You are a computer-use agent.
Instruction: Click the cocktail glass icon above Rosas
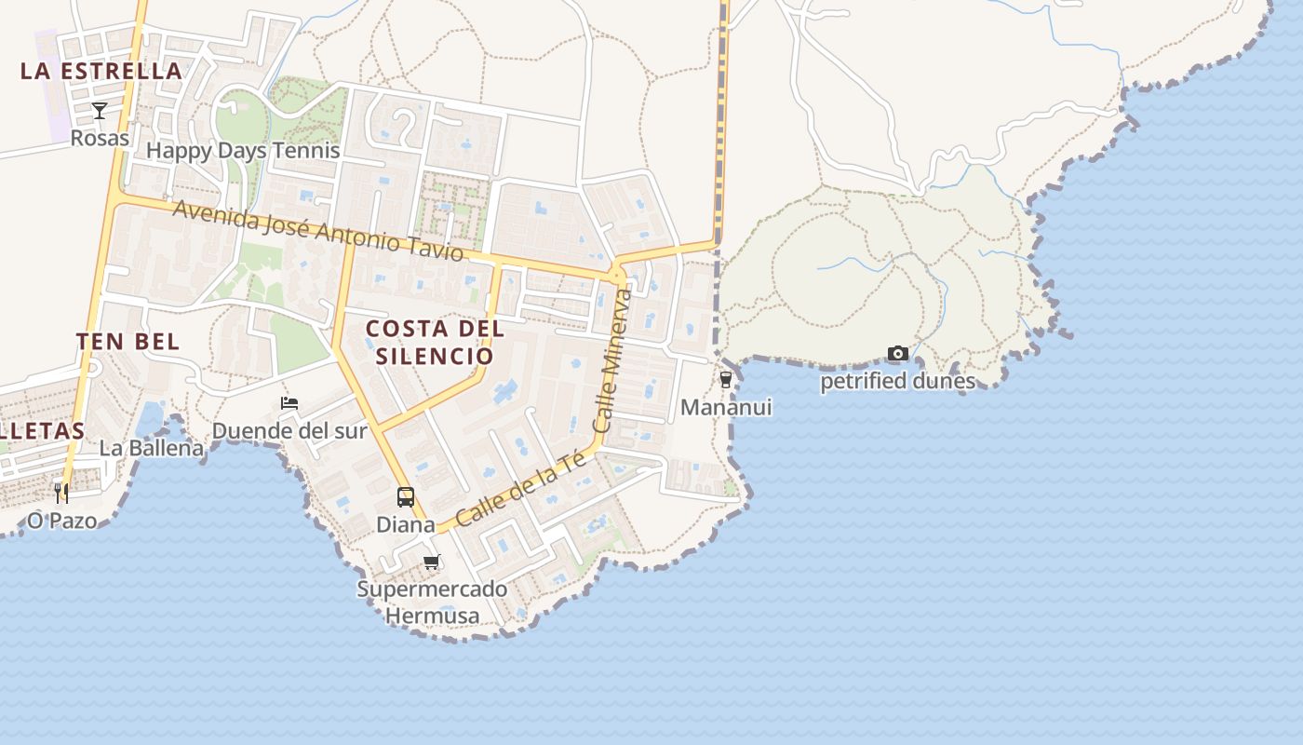[100, 111]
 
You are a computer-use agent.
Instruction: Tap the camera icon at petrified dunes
[898, 353]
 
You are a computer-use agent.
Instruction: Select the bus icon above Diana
[406, 496]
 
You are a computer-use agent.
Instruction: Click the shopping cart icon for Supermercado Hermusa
[431, 562]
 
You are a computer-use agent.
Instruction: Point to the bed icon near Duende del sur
[289, 403]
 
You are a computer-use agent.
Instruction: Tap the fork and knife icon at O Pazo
[61, 493]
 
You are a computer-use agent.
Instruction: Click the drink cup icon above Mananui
[726, 380]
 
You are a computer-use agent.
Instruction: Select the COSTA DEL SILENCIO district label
[435, 342]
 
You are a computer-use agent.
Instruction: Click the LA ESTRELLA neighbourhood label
[101, 71]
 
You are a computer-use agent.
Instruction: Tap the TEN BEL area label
[128, 341]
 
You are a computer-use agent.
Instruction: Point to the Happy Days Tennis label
[243, 150]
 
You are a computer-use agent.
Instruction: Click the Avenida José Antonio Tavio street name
[318, 229]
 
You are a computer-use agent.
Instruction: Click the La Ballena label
[152, 448]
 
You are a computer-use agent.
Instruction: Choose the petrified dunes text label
[897, 381]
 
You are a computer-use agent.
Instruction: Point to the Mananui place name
[726, 407]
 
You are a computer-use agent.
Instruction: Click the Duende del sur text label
[289, 431]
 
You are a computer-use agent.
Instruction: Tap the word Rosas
[100, 138]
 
